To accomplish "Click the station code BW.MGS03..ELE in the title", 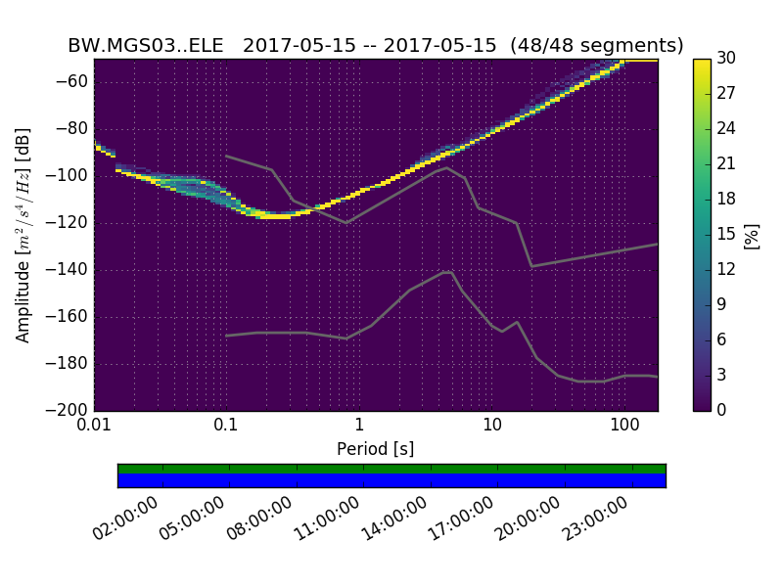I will [148, 46].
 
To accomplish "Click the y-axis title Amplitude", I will [23, 235].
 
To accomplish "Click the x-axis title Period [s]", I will [376, 449].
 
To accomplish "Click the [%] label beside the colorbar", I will [753, 235].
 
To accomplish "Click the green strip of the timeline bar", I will [391, 469].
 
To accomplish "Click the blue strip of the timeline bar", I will [391, 480].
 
